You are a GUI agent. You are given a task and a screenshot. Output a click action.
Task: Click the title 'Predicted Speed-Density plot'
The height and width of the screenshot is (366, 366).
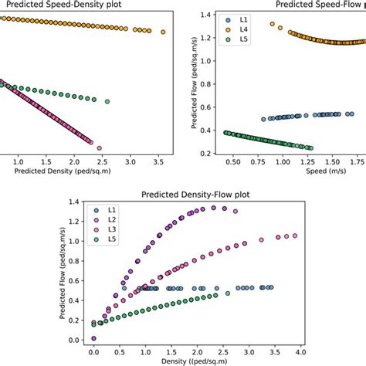point(53,5)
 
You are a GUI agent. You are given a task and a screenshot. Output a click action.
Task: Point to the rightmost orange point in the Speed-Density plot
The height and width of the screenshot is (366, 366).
point(163,32)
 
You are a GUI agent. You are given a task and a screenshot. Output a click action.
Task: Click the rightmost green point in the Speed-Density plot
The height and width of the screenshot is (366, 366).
point(107,101)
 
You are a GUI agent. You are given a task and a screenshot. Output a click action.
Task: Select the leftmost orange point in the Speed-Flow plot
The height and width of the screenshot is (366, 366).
point(272,24)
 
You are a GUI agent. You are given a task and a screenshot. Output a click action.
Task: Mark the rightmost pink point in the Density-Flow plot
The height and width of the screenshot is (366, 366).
point(294,236)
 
